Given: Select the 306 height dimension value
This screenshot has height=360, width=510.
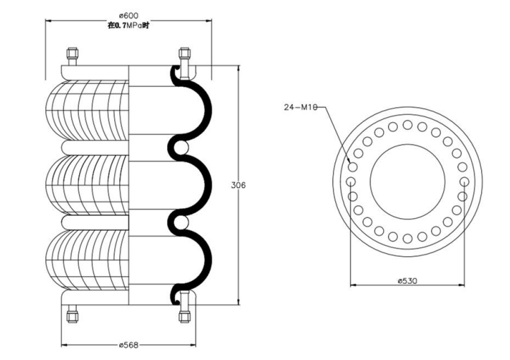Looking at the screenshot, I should [x=238, y=185].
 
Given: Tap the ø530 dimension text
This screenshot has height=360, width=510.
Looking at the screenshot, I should [x=408, y=280].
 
